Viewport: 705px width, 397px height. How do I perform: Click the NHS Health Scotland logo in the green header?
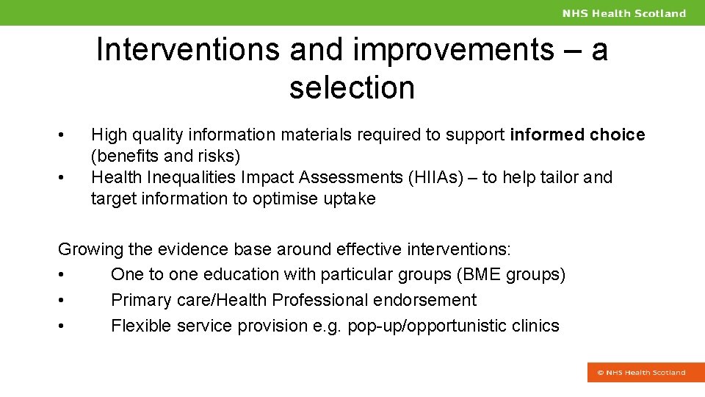624,13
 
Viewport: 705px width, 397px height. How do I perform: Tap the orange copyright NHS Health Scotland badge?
641,373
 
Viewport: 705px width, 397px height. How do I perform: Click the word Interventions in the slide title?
188,50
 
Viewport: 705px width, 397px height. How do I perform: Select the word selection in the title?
352,87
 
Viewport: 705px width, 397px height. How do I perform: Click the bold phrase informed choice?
577,135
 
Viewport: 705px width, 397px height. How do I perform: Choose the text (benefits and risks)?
165,156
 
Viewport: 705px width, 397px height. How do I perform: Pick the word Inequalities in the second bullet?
187,177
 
